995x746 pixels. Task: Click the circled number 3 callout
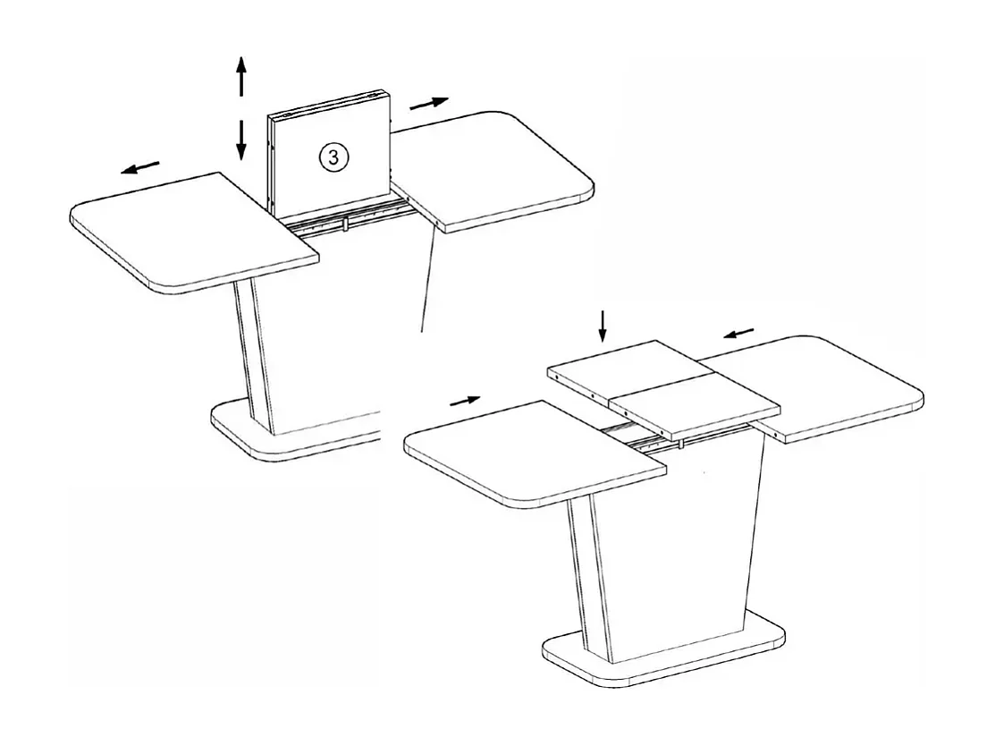pyautogui.click(x=333, y=157)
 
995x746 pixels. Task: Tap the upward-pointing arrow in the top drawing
pyautogui.click(x=240, y=75)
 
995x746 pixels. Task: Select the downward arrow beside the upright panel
pyautogui.click(x=240, y=139)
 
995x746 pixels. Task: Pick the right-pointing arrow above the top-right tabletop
pyautogui.click(x=429, y=103)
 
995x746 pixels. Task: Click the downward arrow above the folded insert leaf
pyautogui.click(x=603, y=326)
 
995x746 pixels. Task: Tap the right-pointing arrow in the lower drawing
pyautogui.click(x=465, y=401)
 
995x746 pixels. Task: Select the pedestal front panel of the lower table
pyautogui.click(x=679, y=555)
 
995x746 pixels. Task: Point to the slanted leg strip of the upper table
pyautogui.click(x=252, y=358)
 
